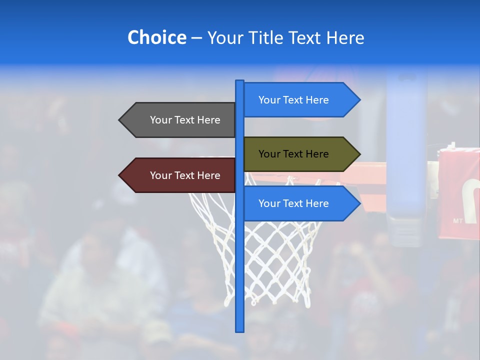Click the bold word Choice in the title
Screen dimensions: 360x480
pyautogui.click(x=156, y=37)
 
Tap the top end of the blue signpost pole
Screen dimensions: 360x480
pyautogui.click(x=240, y=81)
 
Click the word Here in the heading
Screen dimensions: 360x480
pyautogui.click(x=345, y=37)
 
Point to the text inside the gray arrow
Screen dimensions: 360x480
pyautogui.click(x=185, y=120)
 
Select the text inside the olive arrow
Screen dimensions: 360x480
pyautogui.click(x=293, y=154)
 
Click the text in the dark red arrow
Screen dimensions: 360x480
pyautogui.click(x=185, y=175)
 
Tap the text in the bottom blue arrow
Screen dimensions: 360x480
pyautogui.click(x=293, y=203)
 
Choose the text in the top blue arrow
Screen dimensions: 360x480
pyautogui.click(x=293, y=100)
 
